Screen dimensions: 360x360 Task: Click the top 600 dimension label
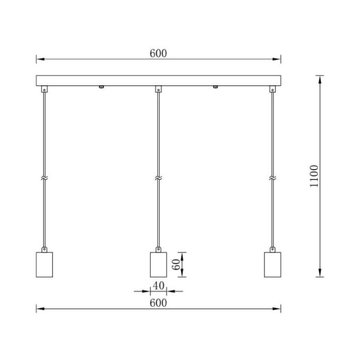pyautogui.click(x=158, y=53)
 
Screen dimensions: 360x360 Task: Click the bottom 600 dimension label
pyautogui.click(x=158, y=303)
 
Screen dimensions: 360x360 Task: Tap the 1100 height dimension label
pyautogui.click(x=314, y=176)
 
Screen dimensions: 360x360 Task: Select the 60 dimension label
pyautogui.click(x=176, y=264)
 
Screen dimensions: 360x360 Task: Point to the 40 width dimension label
pyautogui.click(x=158, y=286)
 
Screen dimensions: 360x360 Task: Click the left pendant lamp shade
pyautogui.click(x=44, y=265)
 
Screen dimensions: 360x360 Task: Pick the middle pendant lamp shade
pyautogui.click(x=158, y=265)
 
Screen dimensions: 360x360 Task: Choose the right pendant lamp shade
pyautogui.click(x=273, y=265)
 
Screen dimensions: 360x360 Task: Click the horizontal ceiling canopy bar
pyautogui.click(x=158, y=80)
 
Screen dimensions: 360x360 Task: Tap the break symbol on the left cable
pyautogui.click(x=44, y=178)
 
